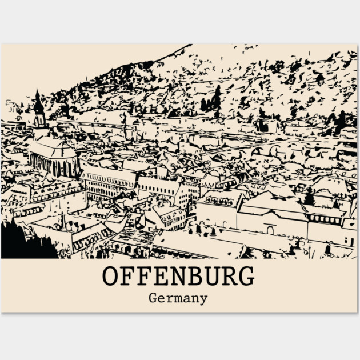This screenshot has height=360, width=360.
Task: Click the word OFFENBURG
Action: pyautogui.click(x=178, y=276)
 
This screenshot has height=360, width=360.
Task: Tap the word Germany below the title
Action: pyautogui.click(x=178, y=298)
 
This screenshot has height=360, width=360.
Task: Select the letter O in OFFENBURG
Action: pyautogui.click(x=110, y=276)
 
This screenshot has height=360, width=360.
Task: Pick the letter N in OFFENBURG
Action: pyautogui.click(x=174, y=276)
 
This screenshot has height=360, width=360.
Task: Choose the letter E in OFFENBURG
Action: pyautogui.click(x=157, y=276)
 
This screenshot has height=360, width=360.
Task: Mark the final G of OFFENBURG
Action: pyautogui.click(x=246, y=276)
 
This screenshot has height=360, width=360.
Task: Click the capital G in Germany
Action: pyautogui.click(x=153, y=298)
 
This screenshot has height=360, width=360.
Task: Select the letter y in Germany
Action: pyautogui.click(x=203, y=299)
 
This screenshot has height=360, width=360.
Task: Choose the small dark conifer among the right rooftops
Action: pyautogui.click(x=309, y=197)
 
